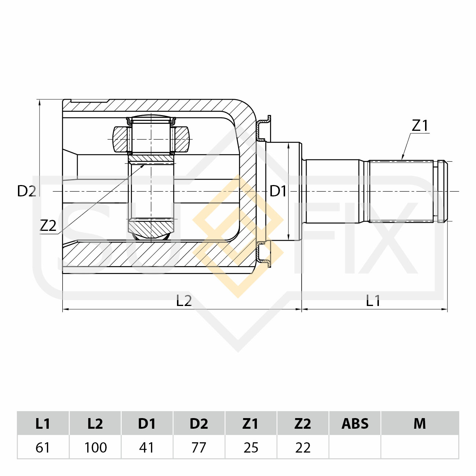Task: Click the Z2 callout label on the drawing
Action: (48, 225)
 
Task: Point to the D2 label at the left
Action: (26, 191)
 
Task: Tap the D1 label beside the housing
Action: (278, 191)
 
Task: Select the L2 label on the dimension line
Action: (184, 300)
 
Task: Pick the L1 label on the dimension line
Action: (373, 300)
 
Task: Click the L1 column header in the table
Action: (43, 424)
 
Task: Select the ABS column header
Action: (355, 424)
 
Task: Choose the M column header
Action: (420, 424)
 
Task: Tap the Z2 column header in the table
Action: (303, 424)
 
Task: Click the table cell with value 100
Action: (95, 447)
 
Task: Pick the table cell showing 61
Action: (43, 447)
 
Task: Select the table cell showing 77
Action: (199, 447)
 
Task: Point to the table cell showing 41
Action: (147, 447)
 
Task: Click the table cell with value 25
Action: (251, 447)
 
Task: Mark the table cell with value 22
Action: (303, 447)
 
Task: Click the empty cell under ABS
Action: (355, 447)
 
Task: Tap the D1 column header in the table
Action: (147, 424)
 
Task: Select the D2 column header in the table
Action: (199, 424)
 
